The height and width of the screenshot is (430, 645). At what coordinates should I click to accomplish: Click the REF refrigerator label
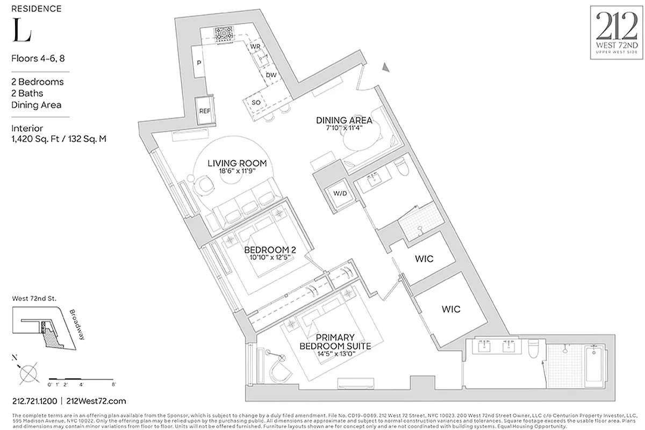[x=205, y=111]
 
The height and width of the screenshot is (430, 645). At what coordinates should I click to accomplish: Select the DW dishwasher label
[x=271, y=75]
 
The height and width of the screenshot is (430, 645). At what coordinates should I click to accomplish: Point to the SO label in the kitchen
[x=256, y=102]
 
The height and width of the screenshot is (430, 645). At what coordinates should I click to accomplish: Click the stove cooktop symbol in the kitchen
[x=222, y=34]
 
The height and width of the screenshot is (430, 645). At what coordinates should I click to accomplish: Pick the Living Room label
[x=237, y=163]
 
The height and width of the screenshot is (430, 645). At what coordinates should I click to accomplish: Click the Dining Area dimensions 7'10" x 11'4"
[x=345, y=128]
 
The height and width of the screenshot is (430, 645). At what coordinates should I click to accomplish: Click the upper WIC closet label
[x=424, y=259]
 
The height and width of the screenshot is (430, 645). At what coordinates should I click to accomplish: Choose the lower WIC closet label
[x=451, y=309]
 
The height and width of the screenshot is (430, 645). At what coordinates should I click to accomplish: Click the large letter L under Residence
[x=21, y=32]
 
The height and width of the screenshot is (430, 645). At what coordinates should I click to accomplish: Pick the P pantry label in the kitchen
[x=199, y=63]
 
